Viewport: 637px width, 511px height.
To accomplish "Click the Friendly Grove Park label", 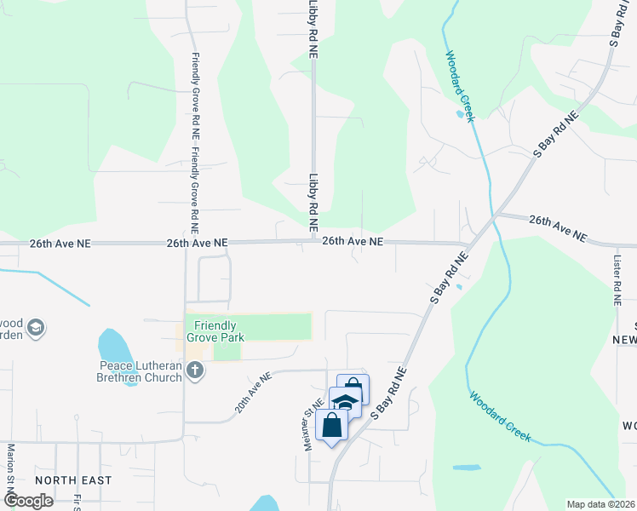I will [x=219, y=331].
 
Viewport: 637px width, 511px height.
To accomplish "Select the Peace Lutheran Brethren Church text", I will [x=141, y=371].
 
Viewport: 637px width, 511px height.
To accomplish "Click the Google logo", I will [x=27, y=501].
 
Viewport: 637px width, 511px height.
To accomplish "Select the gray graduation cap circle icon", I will [x=36, y=327].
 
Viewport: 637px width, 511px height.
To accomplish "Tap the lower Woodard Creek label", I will [x=500, y=416].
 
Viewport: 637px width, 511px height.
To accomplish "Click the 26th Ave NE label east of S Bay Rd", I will [x=558, y=227].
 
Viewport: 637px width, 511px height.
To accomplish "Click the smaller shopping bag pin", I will [x=353, y=389].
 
